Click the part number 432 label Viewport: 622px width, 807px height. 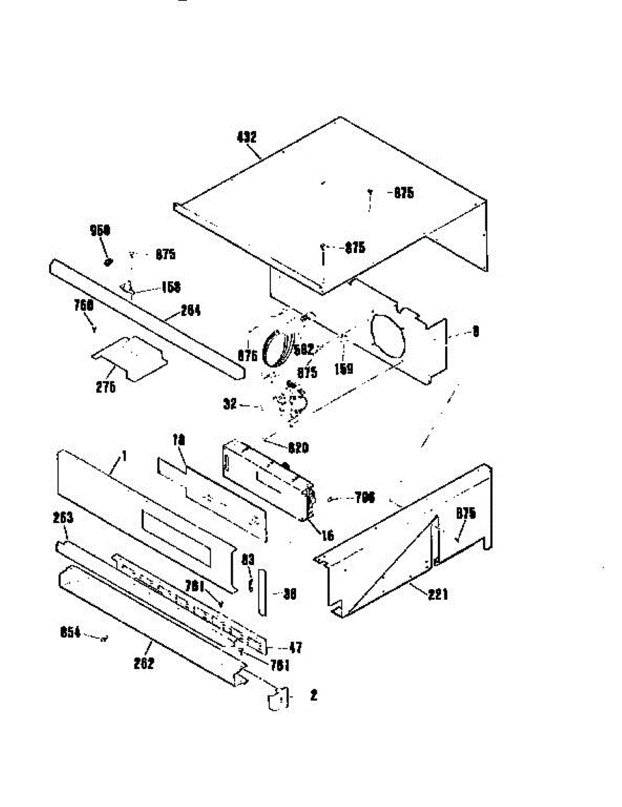click(x=247, y=137)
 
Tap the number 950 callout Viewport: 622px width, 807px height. click(x=100, y=231)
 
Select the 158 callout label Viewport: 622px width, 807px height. click(x=171, y=287)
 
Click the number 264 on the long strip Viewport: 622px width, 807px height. click(x=190, y=311)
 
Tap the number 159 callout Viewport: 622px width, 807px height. click(x=344, y=369)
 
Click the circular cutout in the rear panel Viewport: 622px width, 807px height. click(x=389, y=339)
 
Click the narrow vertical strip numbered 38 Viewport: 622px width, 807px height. click(x=262, y=593)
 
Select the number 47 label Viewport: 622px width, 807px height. click(x=295, y=648)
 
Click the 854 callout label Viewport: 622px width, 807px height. click(x=70, y=633)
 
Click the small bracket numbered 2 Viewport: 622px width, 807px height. click(x=278, y=700)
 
